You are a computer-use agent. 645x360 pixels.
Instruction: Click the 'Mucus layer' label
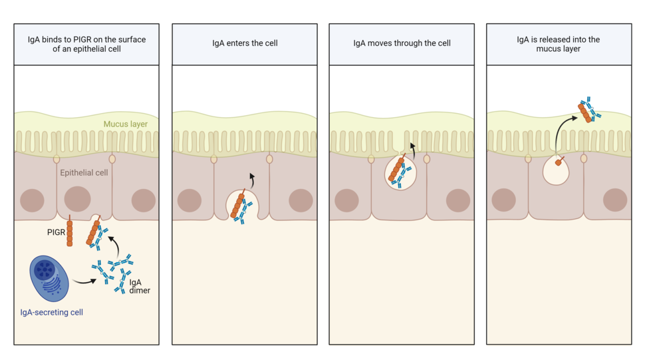125,124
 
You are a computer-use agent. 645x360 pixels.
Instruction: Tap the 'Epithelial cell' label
84,173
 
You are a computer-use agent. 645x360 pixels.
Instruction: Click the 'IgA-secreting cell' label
52,312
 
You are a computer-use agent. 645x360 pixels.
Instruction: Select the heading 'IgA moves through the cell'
402,43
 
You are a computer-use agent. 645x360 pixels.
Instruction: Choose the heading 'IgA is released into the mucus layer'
558,44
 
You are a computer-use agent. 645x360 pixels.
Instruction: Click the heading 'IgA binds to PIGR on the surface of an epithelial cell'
86,44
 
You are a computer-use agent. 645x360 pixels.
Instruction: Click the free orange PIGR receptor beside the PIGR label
70,234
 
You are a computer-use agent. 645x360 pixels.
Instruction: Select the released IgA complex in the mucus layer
588,110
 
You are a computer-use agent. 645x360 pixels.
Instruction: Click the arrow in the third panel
412,148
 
